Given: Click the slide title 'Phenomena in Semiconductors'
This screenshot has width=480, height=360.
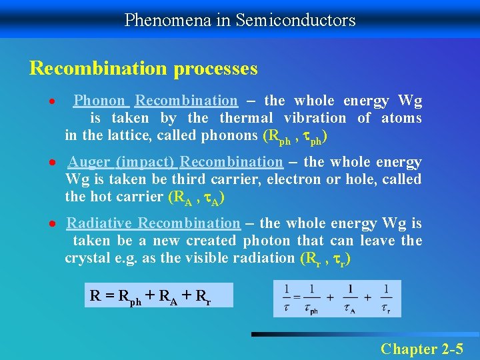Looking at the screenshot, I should (240, 20).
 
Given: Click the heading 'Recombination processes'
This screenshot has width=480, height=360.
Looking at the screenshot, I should (143, 69).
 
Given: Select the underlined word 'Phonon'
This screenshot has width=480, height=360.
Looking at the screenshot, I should (99, 101).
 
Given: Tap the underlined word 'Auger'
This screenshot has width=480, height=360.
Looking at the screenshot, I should (89, 162).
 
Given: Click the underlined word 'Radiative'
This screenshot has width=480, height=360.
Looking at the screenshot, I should (100, 223).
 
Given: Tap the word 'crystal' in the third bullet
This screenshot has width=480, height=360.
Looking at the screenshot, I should (85, 258).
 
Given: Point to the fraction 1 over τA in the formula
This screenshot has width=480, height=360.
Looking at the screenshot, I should (350, 297).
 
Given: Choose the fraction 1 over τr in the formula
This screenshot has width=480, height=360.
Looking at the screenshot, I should (385, 297).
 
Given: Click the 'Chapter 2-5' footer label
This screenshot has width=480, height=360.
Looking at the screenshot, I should (422, 348).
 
